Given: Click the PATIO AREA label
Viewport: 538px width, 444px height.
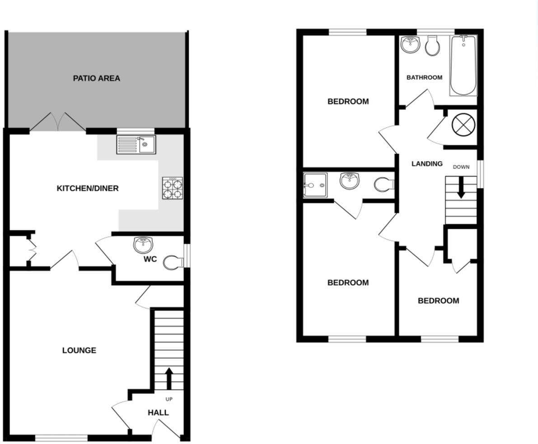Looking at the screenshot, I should click(x=97, y=79).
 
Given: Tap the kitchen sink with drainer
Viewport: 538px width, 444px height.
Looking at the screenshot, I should click(x=136, y=145).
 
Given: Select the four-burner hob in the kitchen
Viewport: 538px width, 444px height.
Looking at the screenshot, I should click(x=173, y=189).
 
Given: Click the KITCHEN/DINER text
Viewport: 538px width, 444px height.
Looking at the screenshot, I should click(x=88, y=188).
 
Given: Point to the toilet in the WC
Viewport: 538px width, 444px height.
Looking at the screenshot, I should click(x=173, y=262).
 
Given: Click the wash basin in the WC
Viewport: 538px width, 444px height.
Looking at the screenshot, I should click(x=143, y=245).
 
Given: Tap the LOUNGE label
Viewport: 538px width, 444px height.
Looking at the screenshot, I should click(x=79, y=350).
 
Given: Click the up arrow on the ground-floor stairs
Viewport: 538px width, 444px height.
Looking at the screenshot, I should click(x=169, y=378).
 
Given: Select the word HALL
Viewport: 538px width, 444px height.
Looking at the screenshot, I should click(x=158, y=412).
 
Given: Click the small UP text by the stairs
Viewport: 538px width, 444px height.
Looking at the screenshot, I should click(x=169, y=399).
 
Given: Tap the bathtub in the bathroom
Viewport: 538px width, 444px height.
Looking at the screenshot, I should click(x=463, y=66).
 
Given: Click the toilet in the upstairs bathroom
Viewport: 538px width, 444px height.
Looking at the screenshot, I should click(x=432, y=46).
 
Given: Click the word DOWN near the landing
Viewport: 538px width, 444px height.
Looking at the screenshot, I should click(x=461, y=167).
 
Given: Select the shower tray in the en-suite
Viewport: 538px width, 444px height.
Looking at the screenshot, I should click(x=315, y=185).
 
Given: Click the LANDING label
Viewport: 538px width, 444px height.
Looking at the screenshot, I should click(x=427, y=164).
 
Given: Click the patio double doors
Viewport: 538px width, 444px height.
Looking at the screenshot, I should click(x=57, y=122).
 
